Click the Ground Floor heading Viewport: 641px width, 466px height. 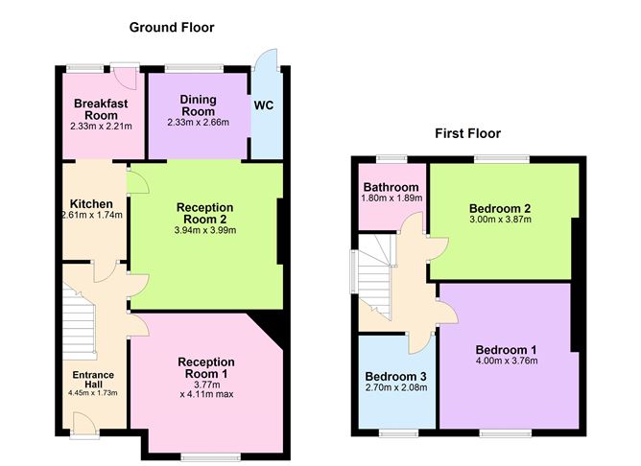(172, 28)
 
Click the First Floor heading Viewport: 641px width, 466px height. (467, 133)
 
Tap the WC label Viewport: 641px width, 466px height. (264, 105)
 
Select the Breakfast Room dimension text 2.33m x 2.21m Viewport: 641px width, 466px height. (101, 127)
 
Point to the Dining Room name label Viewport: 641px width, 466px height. (199, 105)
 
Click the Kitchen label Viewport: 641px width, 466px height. (91, 204)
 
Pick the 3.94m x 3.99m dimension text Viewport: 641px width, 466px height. (205, 230)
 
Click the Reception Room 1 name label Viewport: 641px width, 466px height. (206, 367)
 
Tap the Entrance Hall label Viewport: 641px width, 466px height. (93, 380)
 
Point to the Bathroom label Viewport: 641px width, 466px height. (392, 187)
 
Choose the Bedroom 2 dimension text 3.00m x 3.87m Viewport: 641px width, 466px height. (500, 219)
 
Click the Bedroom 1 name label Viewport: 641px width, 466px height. (506, 350)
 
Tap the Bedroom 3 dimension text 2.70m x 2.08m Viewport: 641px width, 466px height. (396, 386)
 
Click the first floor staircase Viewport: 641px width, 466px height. (375, 278)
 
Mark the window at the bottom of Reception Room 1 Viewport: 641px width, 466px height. (211, 456)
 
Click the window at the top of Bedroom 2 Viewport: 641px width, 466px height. (502, 159)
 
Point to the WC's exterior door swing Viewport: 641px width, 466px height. (267, 59)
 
